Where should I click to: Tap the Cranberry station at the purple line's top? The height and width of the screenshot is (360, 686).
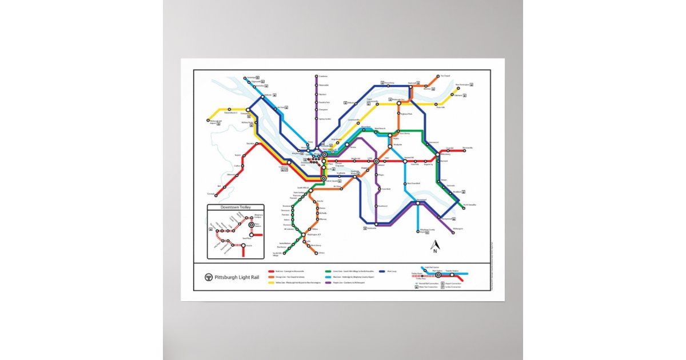(316, 76)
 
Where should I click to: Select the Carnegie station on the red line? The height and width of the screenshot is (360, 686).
(216, 195)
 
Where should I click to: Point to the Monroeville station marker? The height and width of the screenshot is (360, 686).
(464, 150)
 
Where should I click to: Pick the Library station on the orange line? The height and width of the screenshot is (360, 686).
(316, 253)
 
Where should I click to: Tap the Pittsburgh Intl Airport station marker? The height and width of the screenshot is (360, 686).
(208, 121)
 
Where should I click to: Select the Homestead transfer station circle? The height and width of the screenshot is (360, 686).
(418, 201)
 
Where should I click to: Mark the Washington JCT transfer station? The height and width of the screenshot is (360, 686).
(303, 235)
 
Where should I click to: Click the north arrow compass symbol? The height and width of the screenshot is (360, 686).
(434, 246)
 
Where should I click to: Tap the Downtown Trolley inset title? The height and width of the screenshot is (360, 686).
(236, 207)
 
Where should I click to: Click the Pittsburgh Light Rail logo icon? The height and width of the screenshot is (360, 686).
(209, 277)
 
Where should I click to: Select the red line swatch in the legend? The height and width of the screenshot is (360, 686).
(270, 271)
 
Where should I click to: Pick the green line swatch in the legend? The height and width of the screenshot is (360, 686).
(328, 271)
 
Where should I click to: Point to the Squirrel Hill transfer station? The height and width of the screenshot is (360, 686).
(405, 161)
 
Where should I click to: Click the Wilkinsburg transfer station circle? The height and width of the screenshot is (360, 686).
(437, 154)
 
